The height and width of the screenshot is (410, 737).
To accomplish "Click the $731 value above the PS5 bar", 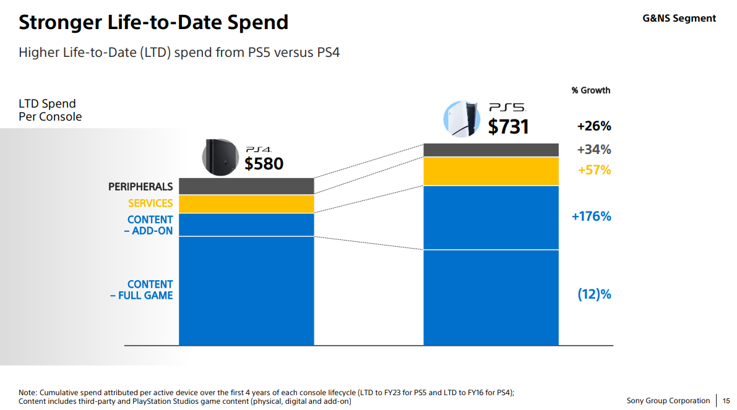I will coord(508,127).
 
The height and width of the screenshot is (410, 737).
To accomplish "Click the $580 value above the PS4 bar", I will coord(264,164).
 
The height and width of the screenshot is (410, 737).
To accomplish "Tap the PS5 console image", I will coord(462,119).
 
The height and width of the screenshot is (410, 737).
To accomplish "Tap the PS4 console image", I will coord(220,156).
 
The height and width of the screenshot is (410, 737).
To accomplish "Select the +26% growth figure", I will coord(593,126).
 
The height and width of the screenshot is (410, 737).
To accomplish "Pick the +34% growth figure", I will coord(593,150).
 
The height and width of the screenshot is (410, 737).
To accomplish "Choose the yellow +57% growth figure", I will coord(593,170).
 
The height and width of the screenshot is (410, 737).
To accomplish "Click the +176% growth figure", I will coord(591,216).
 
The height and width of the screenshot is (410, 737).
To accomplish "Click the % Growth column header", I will coord(590,90).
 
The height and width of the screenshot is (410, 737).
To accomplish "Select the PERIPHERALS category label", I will coord(140,187).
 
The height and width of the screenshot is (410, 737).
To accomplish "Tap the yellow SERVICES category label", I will coord(150,203).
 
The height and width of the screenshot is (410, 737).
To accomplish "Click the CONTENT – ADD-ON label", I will coord(150,225).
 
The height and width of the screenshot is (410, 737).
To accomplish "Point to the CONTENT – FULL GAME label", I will coord(142,290).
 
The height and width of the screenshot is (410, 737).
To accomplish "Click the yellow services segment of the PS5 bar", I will coord(491,171).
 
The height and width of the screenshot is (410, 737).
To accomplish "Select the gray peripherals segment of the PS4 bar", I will coord(246,186).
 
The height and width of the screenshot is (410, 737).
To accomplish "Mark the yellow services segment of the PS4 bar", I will coord(246,204).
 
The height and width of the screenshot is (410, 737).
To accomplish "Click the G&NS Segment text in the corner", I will coord(679,19).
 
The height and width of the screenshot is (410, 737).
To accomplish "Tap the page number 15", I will coord(726,401).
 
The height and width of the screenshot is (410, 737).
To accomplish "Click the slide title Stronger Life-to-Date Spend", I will coord(153,23).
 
